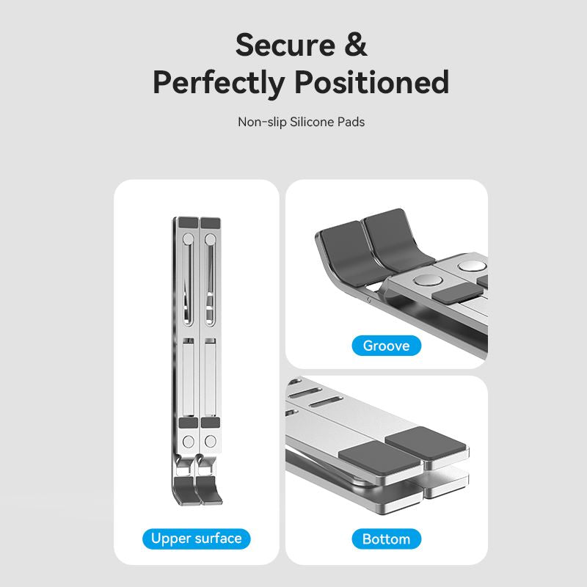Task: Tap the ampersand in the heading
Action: [354, 45]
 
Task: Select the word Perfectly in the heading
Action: [220, 82]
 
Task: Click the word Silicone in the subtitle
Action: [311, 122]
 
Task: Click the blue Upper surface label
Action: [196, 539]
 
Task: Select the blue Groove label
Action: [387, 345]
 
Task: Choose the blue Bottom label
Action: [387, 539]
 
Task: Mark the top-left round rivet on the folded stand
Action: [186, 239]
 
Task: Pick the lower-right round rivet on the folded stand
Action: [211, 442]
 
